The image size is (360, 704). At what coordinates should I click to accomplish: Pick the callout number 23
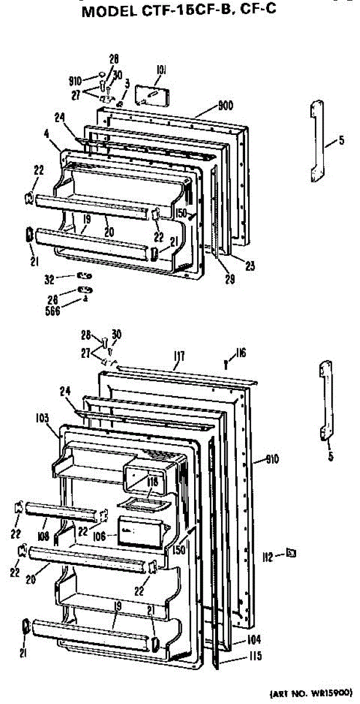coord(250,266)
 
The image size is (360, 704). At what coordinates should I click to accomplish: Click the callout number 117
coord(179,356)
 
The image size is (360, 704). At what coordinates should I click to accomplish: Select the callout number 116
coord(240,353)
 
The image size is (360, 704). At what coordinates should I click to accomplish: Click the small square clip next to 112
coord(290,553)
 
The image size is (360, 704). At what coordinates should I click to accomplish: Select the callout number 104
coord(254,640)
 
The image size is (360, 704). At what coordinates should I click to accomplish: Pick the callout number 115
coord(254,656)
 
